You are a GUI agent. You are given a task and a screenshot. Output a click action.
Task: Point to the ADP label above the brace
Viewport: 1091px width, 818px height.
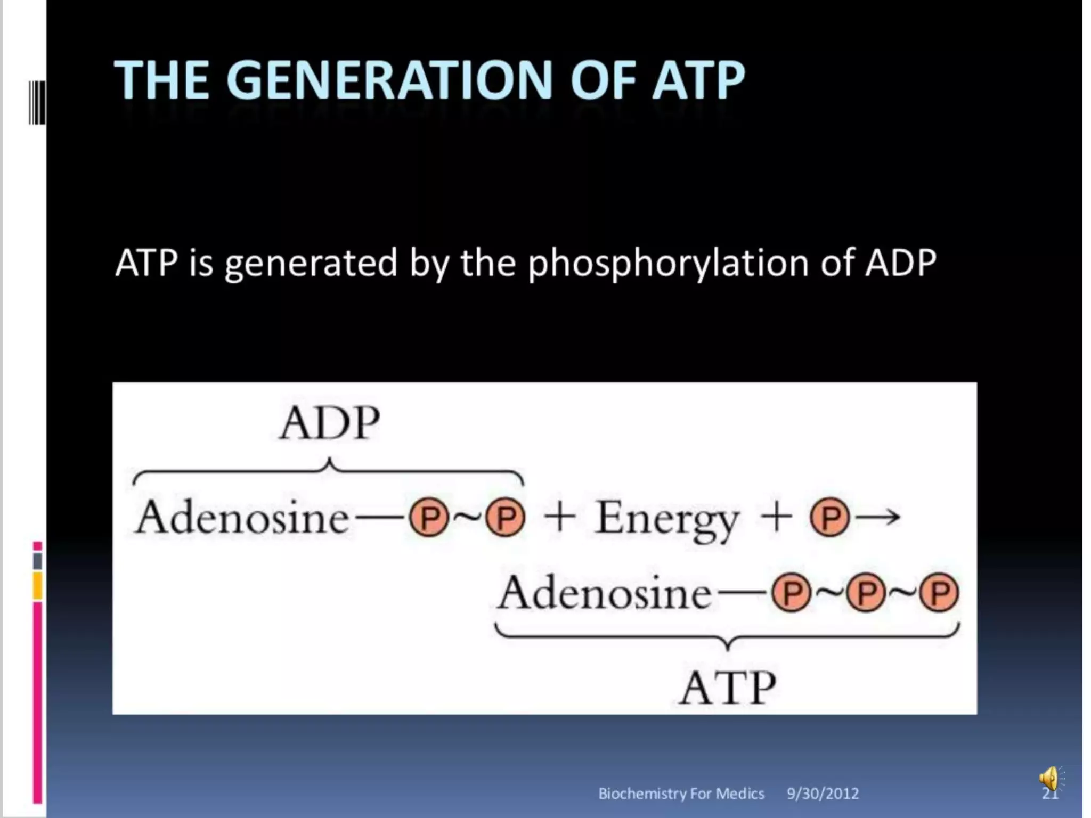330,423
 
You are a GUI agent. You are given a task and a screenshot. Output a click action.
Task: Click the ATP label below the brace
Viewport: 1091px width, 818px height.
727,688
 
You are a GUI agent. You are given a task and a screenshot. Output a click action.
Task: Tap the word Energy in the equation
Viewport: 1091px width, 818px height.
667,518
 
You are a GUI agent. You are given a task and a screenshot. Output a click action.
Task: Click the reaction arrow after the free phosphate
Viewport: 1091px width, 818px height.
879,516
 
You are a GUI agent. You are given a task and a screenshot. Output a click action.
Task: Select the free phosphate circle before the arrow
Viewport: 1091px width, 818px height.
829,517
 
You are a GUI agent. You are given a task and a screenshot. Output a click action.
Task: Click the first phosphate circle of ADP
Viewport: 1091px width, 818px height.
429,517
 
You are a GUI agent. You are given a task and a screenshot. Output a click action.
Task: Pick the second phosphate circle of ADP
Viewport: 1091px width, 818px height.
505,517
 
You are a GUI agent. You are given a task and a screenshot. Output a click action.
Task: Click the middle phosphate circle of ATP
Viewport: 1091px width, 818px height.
866,592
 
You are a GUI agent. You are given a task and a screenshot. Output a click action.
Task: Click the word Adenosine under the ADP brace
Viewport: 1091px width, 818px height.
242,518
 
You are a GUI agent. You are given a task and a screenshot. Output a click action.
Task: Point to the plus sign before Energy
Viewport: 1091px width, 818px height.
560,517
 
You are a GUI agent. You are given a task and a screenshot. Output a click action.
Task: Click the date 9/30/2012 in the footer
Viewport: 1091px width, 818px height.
823,794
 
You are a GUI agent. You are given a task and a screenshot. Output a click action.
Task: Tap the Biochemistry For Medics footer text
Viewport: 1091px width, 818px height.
681,794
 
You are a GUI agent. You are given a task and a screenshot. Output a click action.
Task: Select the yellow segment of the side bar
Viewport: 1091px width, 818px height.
37,585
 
